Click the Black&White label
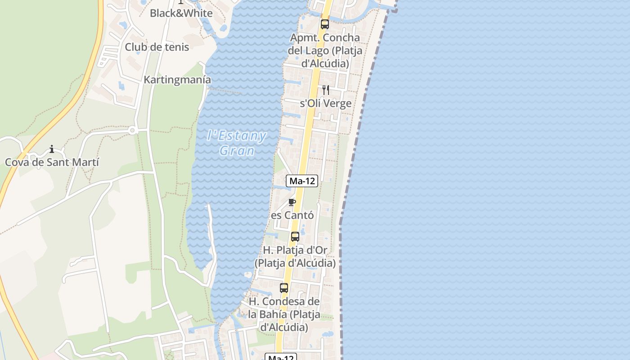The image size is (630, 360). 181,13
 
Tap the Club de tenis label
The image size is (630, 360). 157,47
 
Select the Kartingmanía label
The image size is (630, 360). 177,80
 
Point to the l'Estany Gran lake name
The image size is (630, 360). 237,143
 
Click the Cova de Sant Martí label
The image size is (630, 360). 52,162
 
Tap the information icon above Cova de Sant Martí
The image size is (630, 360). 52,149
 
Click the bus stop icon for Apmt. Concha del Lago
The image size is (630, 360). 324,24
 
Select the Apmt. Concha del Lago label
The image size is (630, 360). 324,50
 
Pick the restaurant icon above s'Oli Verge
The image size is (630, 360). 326,90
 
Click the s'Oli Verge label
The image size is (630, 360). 326,103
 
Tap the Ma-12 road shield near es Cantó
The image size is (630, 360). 302,181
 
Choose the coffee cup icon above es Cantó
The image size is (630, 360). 292,202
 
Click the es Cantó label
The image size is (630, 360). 292,215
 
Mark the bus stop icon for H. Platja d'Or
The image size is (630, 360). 295,236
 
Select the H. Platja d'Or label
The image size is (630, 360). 295,256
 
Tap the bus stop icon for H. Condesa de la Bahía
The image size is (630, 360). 284,288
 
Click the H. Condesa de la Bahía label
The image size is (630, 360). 284,314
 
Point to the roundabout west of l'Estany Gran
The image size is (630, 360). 132,130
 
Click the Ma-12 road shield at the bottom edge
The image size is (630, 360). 281,357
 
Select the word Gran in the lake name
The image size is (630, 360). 237,151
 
